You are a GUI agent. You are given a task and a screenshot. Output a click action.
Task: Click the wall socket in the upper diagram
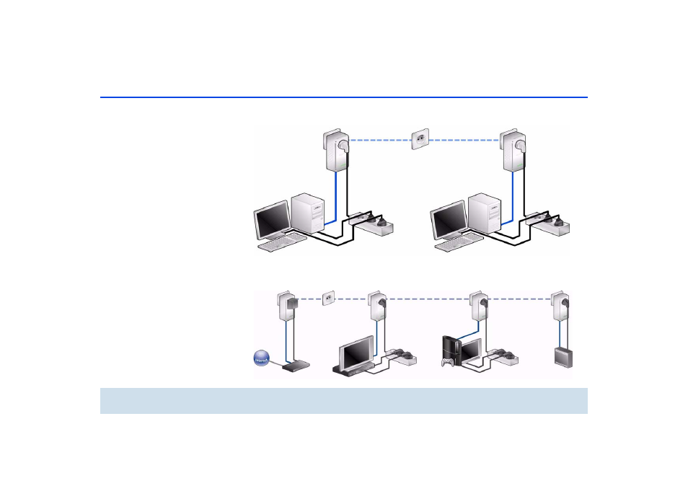420,140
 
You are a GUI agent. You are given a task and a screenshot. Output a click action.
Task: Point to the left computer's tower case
309,213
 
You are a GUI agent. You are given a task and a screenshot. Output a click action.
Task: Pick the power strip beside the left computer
374,225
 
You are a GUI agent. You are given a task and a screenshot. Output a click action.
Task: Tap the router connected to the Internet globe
296,366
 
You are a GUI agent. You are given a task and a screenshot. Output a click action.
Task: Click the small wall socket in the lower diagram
327,296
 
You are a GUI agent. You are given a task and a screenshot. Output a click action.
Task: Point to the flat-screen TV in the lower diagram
357,354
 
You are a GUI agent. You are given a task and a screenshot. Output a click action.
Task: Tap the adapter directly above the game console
477,308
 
